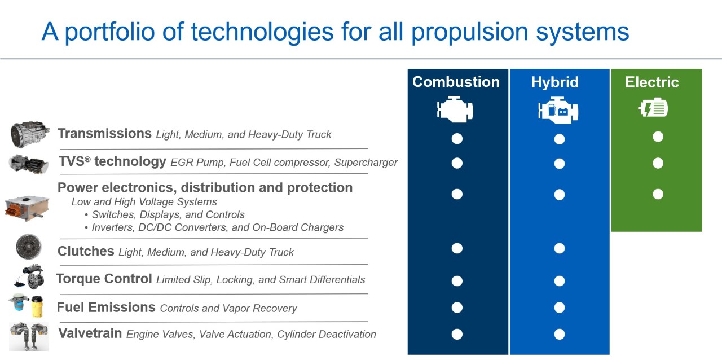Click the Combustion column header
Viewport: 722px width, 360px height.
coord(456,82)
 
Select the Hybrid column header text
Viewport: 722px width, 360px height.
coord(554,82)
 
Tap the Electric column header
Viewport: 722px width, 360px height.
coord(651,82)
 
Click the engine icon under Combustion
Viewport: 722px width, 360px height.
coord(455,109)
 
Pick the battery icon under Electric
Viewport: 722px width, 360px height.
coord(653,108)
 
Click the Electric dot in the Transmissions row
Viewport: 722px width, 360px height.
coord(658,137)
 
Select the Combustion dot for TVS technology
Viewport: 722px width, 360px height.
coord(457,163)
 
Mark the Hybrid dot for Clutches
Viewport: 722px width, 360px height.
coord(559,248)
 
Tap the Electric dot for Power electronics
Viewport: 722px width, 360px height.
coord(658,194)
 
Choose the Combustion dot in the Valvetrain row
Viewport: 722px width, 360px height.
coord(457,334)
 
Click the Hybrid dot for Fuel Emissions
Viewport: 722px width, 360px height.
coord(559,308)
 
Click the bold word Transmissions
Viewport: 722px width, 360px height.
coord(104,134)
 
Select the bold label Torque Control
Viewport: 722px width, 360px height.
coord(104,279)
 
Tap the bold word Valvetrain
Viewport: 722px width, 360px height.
coord(90,333)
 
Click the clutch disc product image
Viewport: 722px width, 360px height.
coord(28,247)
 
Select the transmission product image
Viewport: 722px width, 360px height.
coord(30,134)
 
